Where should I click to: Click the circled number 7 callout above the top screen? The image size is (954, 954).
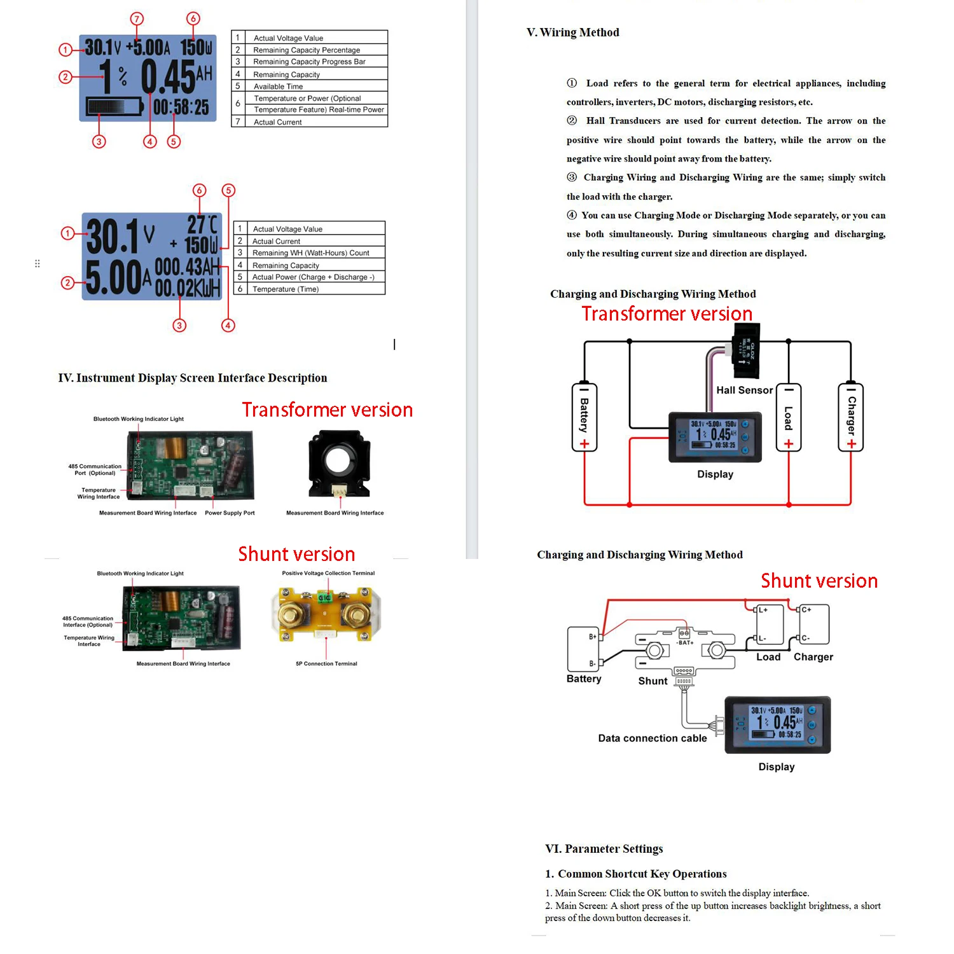[137, 18]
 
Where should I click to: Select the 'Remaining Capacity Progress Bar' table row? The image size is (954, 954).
[309, 62]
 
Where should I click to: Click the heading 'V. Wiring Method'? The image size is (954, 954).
[572, 32]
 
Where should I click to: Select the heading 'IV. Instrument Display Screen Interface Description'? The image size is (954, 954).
[193, 378]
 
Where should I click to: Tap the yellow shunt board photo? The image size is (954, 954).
[326, 612]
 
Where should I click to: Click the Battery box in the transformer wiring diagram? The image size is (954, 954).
[584, 418]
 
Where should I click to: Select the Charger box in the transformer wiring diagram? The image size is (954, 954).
[851, 418]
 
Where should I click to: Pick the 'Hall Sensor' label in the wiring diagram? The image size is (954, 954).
[744, 391]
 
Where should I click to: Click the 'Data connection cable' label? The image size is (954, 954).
[652, 738]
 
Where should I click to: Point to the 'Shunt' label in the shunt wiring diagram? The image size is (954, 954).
[653, 681]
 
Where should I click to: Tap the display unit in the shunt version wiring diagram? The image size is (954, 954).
[777, 725]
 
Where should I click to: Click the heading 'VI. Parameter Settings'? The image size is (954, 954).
[604, 849]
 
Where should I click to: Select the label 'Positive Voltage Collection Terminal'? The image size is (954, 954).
[328, 573]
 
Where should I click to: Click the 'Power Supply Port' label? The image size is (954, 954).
[230, 513]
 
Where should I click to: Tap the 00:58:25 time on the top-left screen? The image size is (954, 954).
[181, 107]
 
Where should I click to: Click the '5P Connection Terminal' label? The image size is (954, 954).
[326, 663]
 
